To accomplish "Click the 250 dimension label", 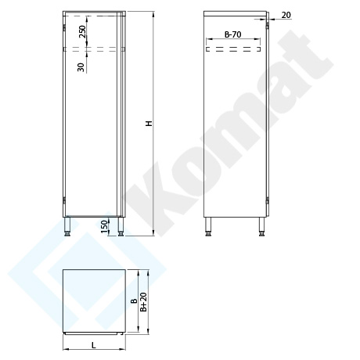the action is [x=82, y=31].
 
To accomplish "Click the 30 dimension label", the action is [x=81, y=67].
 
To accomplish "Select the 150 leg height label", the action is [x=104, y=227].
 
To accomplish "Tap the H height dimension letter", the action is [x=149, y=124].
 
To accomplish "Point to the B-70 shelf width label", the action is [x=233, y=34].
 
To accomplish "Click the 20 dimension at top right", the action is [x=286, y=15].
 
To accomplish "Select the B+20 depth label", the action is [x=143, y=301].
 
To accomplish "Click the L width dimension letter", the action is [x=94, y=345].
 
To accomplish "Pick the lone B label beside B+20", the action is [x=134, y=301].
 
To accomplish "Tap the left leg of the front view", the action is [x=68, y=226].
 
